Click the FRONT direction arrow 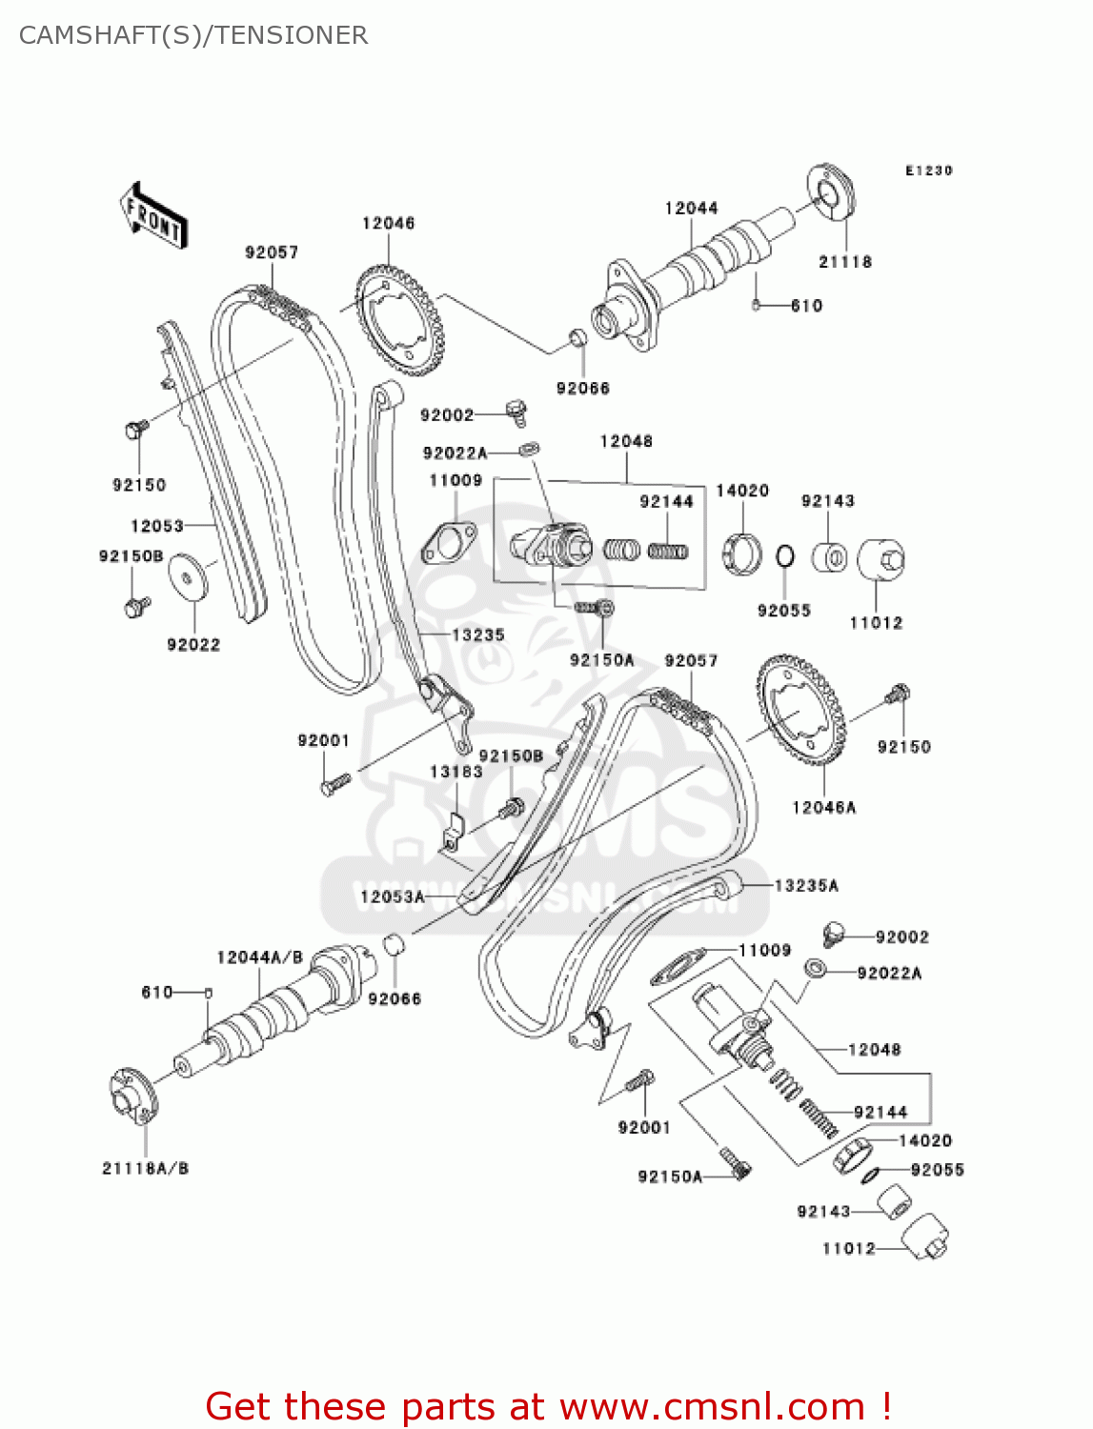point(153,216)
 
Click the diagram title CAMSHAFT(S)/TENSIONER point(193,35)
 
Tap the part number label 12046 point(388,223)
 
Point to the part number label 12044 point(691,208)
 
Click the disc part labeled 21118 point(832,194)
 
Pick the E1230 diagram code point(928,171)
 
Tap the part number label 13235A point(806,885)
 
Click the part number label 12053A point(392,896)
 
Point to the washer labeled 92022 point(189,577)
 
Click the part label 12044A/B point(259,957)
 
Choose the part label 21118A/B point(146,1168)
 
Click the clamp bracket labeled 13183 point(454,831)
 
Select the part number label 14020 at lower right point(924,1140)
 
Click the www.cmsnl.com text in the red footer point(711,1406)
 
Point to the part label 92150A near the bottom point(669,1177)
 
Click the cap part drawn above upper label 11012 point(880,561)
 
